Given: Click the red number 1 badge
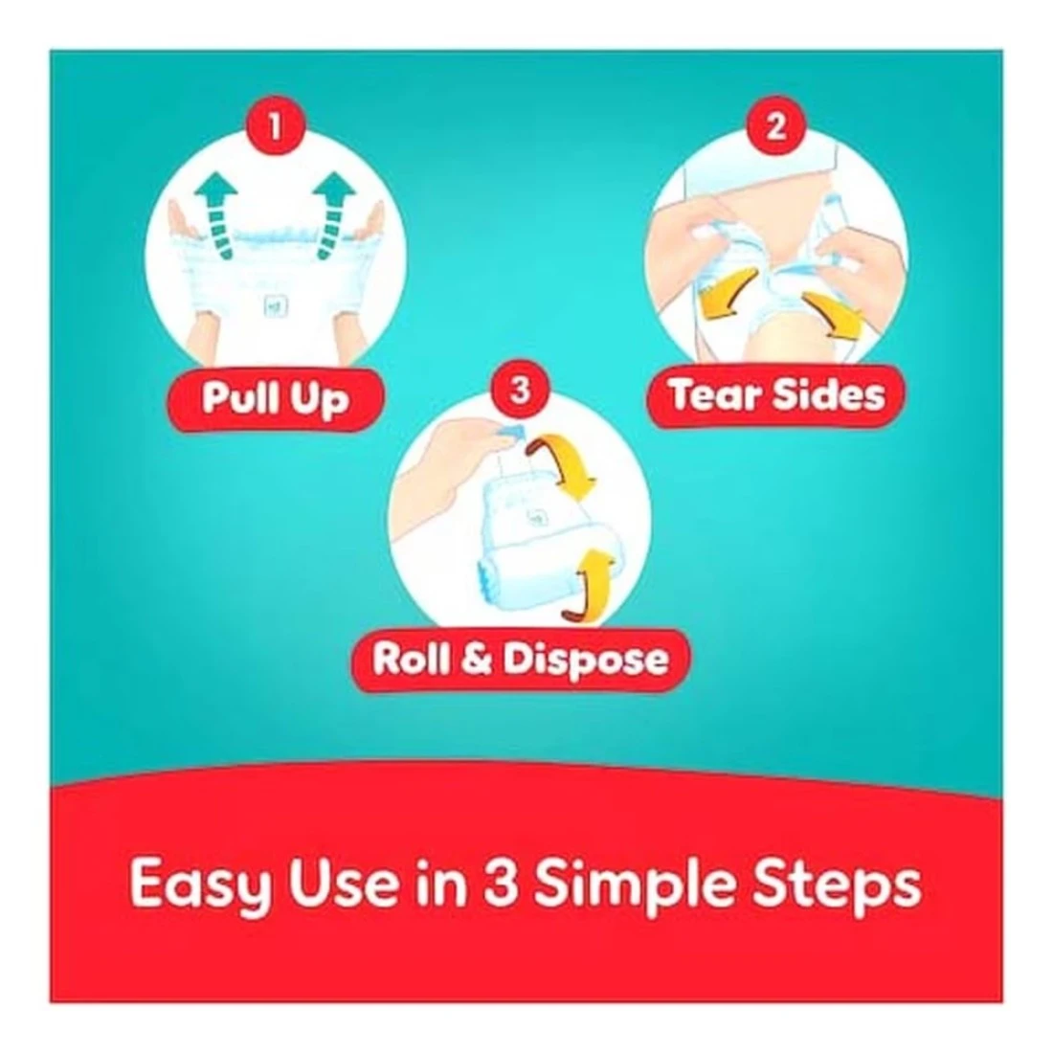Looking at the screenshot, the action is (x=274, y=125).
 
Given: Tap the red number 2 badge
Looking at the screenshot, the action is (x=775, y=125).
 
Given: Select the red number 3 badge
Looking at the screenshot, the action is (x=520, y=391).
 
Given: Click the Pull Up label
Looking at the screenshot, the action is (x=276, y=399).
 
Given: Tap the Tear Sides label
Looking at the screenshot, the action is (x=775, y=394).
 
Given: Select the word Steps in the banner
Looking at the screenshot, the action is (x=837, y=885).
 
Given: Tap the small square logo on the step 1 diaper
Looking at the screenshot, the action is (x=277, y=307).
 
